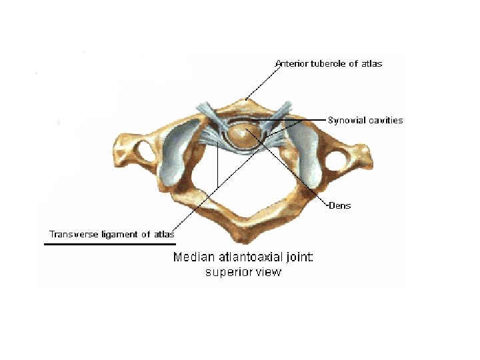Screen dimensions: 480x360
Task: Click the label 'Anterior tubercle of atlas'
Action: pos(329,63)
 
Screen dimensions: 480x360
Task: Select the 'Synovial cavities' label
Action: pos(365,121)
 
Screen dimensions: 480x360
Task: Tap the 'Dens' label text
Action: pos(340,205)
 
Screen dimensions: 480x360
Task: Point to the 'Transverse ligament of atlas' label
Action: pos(111,234)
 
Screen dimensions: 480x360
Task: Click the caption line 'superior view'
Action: pos(243,271)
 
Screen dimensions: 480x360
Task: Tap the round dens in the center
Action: pos(243,135)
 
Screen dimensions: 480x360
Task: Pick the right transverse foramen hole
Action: pos(337,160)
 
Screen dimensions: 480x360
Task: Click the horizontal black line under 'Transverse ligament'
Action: pos(110,244)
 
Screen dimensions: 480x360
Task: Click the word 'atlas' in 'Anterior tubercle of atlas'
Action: pos(372,63)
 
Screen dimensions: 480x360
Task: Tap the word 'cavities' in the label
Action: pos(383,121)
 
